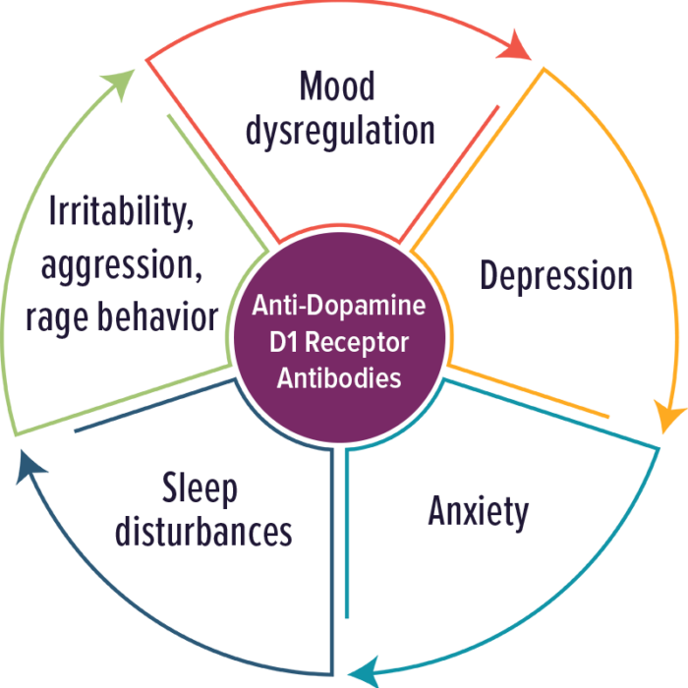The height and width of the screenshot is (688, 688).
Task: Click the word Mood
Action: tap(337, 86)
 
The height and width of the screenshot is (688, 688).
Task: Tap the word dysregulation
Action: tap(340, 131)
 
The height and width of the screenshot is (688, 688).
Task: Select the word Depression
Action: tap(556, 275)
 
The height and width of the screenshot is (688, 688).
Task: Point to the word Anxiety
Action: tap(479, 512)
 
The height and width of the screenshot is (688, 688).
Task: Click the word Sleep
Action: tap(200, 487)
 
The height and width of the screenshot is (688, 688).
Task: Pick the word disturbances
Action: tap(203, 532)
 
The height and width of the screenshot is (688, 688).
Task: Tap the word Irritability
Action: tap(121, 211)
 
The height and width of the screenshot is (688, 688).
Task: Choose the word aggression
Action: tap(122, 265)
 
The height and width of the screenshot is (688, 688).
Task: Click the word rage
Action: tap(57, 317)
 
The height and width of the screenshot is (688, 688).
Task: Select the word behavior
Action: tap(157, 315)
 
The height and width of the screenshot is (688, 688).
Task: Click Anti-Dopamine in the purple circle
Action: tap(339, 305)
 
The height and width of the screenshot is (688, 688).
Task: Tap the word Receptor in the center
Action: tap(357, 343)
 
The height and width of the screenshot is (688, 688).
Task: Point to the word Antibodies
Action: tap(339, 377)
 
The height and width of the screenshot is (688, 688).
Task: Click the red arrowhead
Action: tap(515, 45)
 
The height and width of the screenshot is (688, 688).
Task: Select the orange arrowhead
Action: tap(668, 416)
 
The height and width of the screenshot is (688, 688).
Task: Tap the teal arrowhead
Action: tap(365, 671)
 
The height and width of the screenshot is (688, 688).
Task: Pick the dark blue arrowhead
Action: tap(29, 467)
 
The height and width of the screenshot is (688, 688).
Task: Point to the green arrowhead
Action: tap(119, 84)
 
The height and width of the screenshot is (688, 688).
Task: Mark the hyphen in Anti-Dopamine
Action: tap(300, 307)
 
